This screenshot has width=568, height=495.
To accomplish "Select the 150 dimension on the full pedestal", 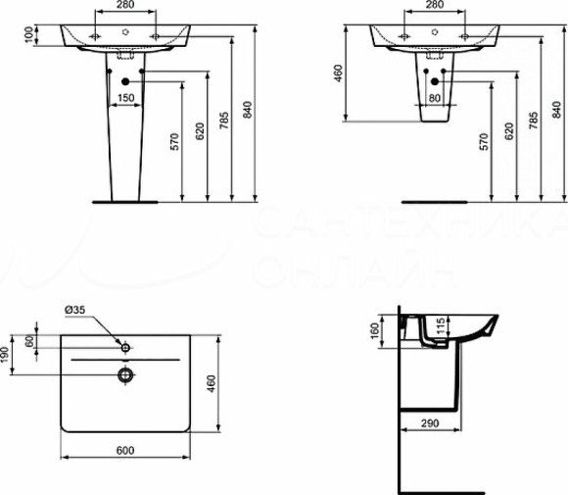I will [x=125, y=98].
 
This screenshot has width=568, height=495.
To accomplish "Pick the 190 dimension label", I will [x=7, y=354].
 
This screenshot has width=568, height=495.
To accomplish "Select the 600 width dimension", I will [x=125, y=451].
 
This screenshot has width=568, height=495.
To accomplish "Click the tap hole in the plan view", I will [x=125, y=347].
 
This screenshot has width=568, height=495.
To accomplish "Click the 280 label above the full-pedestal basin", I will [x=124, y=6].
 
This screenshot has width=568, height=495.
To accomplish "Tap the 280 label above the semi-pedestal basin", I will [x=432, y=6].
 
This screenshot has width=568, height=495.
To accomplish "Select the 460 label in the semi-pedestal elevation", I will [x=339, y=74].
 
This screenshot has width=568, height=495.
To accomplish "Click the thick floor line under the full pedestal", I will [x=125, y=201].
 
